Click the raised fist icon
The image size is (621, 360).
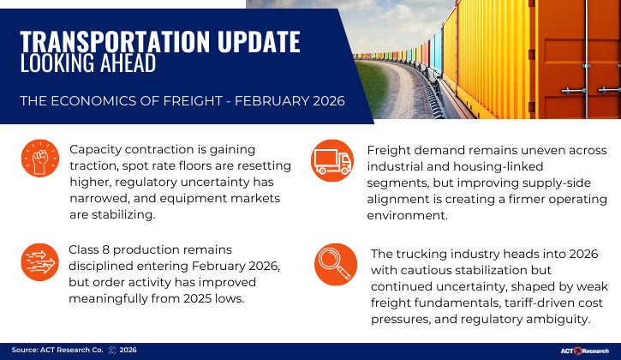pos(40,160)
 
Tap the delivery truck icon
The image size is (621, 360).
pos(331,160)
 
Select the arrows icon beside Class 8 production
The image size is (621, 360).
pos(40,264)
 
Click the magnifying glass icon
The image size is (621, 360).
pos(336,264)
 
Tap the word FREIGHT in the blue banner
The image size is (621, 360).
pos(183,101)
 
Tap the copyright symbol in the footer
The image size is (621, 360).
pos(111,351)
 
